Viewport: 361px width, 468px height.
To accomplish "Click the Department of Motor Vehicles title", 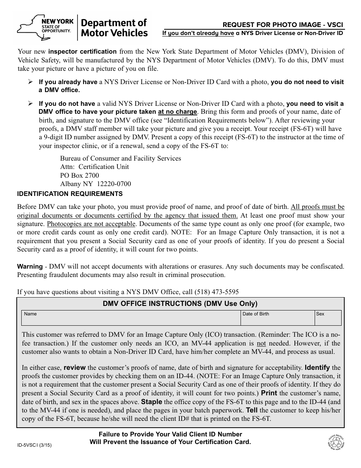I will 114,28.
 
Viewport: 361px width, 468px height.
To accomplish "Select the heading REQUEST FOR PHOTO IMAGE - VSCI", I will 283,25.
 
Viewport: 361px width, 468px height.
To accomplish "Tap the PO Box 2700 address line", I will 79,175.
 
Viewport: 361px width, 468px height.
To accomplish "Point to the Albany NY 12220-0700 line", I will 95,184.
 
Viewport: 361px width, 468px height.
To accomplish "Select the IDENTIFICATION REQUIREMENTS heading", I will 70,194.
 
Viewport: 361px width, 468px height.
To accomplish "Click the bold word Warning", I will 30,266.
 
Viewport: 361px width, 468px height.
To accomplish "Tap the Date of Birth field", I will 277,318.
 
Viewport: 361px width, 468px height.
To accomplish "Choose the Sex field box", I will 328,318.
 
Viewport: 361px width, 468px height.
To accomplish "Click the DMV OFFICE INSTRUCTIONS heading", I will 180,304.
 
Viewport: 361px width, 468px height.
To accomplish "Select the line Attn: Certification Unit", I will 94,167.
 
